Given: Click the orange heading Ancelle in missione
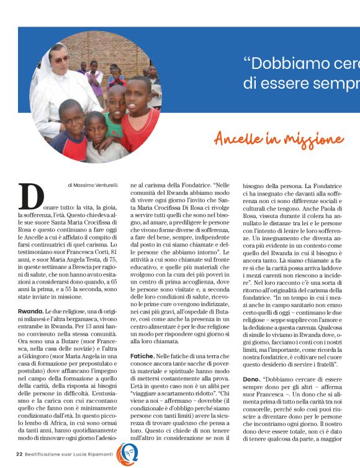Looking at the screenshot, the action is pos(279,138).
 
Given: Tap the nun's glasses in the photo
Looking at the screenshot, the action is pos(60,59).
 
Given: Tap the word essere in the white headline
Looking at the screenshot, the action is pos(285,84).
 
